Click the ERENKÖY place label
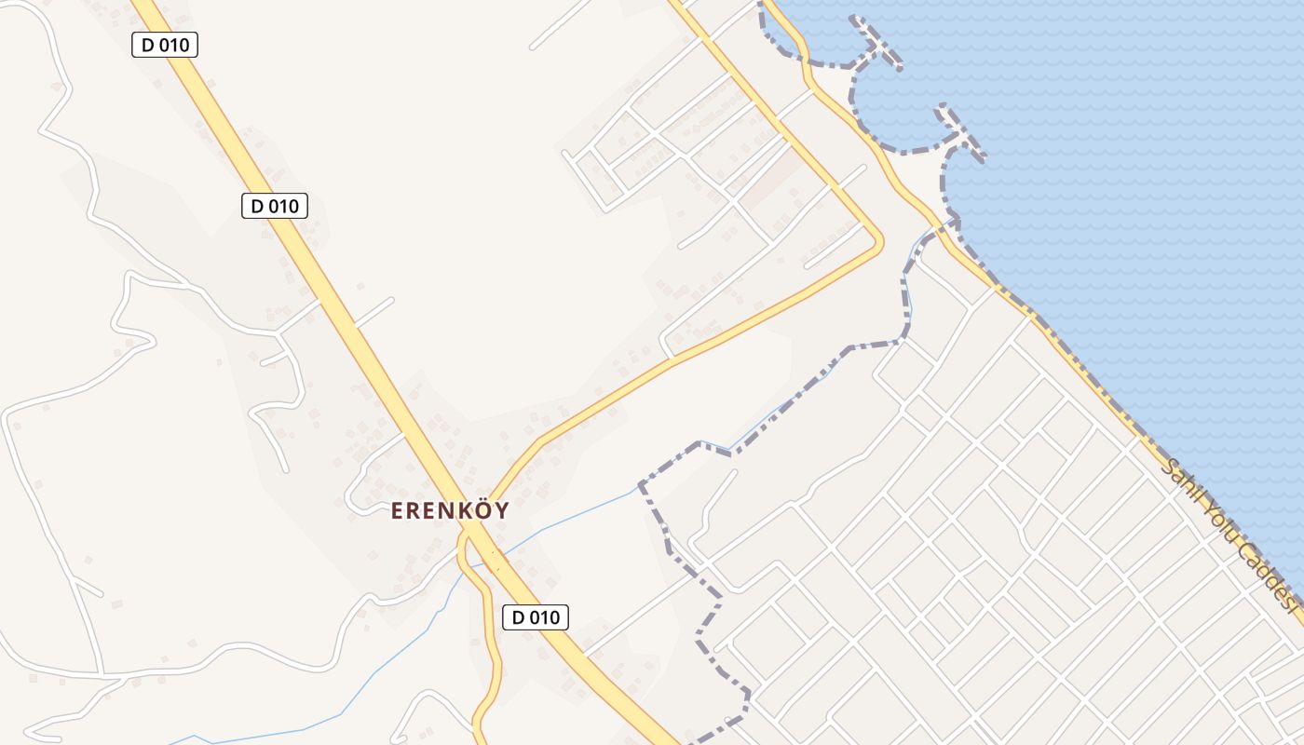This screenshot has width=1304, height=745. [x=450, y=510]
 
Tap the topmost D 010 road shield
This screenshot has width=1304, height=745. [x=165, y=45]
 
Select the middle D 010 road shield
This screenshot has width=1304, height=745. [x=274, y=206]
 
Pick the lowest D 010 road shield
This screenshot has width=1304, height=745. [x=536, y=616]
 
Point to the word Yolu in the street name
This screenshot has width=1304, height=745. [x=1224, y=528]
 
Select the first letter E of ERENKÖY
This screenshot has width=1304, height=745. [x=398, y=511]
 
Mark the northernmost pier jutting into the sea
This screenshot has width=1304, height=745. [x=876, y=42]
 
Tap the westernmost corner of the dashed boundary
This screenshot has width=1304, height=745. [x=641, y=485]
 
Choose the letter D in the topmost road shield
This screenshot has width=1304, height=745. [x=147, y=45]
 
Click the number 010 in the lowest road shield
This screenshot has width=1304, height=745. [x=545, y=616]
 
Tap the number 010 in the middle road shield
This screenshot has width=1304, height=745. [x=283, y=206]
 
